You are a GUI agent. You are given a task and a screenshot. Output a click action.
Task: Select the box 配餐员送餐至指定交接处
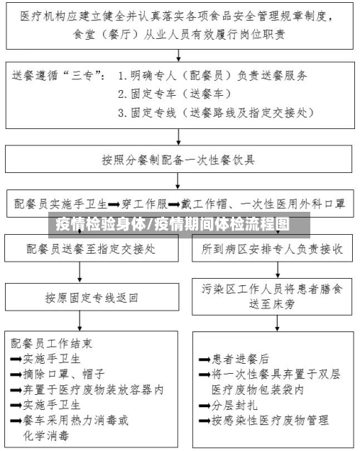pos(91,249)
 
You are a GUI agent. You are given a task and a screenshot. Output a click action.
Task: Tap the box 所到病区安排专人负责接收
pos(271,249)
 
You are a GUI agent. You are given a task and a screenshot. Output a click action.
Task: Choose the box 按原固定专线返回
pos(91,296)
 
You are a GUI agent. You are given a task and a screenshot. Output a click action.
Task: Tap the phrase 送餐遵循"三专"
pos(60,75)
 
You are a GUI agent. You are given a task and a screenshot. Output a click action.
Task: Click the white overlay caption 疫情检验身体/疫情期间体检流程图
pos(173,223)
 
